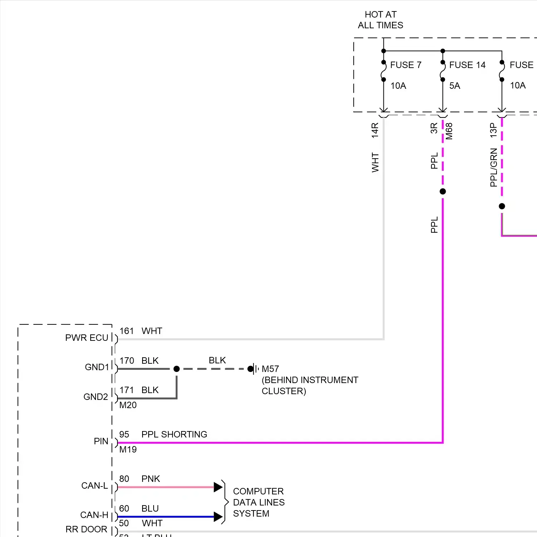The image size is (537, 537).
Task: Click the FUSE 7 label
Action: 406,65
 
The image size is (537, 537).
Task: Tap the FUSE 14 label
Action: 467,65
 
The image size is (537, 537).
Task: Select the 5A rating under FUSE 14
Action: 455,86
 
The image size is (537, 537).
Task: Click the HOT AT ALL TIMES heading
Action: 381,20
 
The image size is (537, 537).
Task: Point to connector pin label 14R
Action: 375,130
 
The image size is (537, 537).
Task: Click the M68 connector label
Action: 449,131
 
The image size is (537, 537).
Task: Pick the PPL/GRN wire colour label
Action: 494,168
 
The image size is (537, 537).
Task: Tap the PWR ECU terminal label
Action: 86,338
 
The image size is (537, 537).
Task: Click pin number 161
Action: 126,331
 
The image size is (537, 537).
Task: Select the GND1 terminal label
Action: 97,367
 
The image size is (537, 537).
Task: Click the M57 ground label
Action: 270,369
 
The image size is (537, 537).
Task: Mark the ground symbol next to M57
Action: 255,369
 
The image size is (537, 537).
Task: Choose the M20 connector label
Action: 128,405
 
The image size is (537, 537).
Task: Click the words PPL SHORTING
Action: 174,434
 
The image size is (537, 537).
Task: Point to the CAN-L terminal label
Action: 95,485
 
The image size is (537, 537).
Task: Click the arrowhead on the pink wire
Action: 218,487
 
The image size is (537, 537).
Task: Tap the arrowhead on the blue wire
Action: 218,517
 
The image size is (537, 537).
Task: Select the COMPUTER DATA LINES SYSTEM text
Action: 258,502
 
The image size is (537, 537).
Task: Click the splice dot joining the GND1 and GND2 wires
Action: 176,369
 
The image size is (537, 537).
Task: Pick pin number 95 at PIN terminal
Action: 124,434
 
